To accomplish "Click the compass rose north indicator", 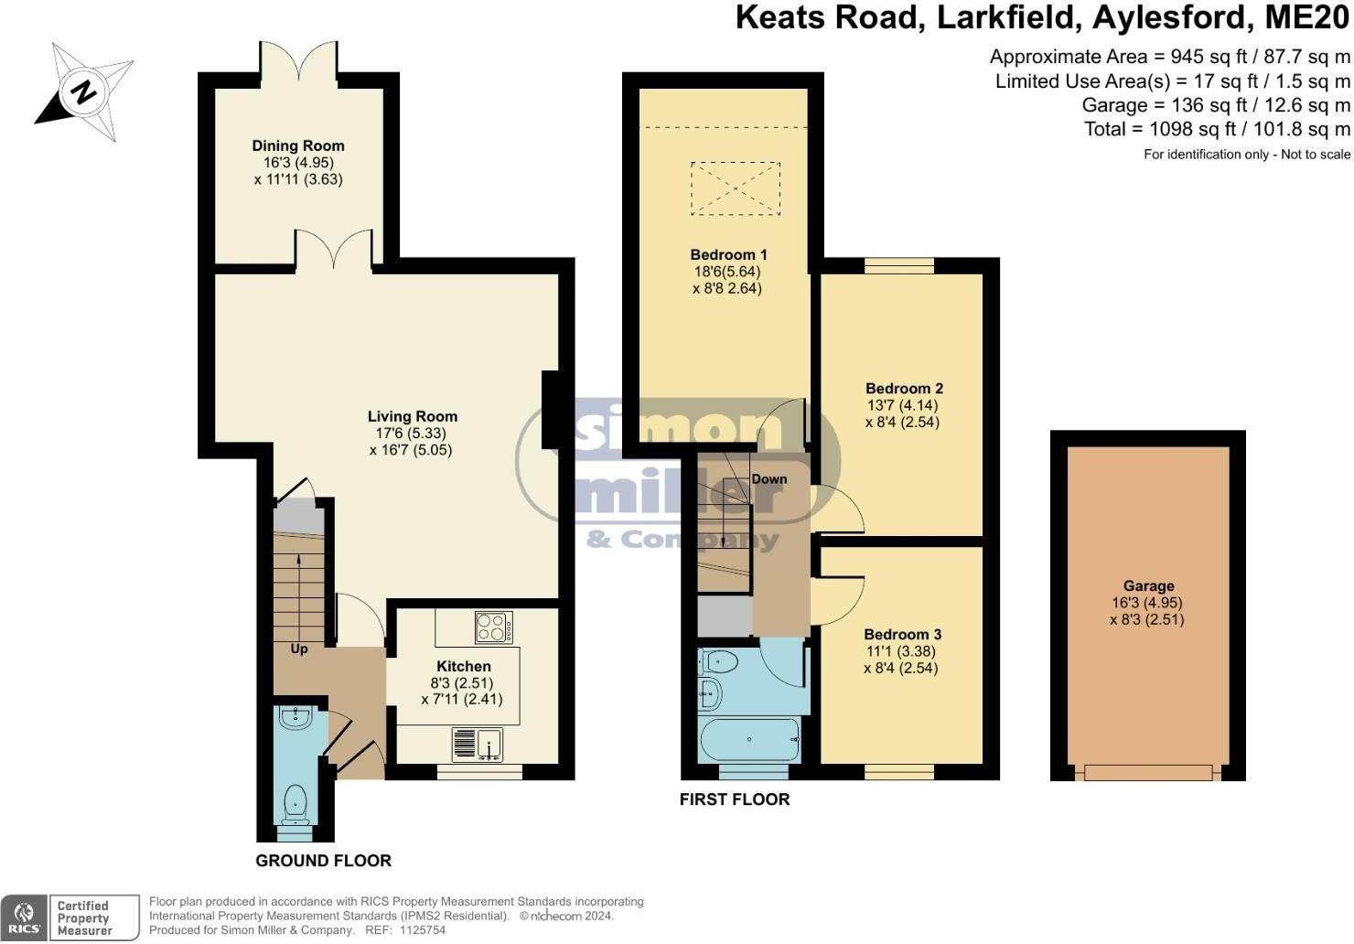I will pos(84,91).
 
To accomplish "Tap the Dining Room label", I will pos(298,145).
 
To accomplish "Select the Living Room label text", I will pos(412,416).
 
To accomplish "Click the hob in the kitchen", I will pos(494,628).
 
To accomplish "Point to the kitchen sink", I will pos(477,743).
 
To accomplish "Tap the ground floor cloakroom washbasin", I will pos(296,718).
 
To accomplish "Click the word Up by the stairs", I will pos(299,649).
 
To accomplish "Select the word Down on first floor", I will pos(769,478).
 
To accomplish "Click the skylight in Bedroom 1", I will pos(736,188).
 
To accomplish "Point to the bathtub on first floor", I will pos(749,739).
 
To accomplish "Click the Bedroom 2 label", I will pos(904,389).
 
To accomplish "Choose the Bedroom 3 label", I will pos(902,634).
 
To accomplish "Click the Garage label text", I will pos(1148,586).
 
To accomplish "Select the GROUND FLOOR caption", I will pos(323,861).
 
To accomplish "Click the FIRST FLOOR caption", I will pos(734,799).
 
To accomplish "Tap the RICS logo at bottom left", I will pos(24,917).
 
